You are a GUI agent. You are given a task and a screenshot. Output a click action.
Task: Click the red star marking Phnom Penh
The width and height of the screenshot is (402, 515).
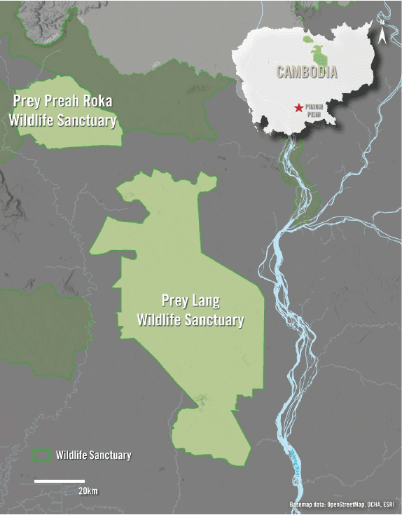click(x=300, y=108)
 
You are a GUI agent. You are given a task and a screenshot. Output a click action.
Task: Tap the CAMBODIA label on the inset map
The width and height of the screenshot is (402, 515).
click(x=307, y=72)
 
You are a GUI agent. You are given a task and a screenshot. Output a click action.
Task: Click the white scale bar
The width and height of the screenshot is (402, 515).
click(x=60, y=481)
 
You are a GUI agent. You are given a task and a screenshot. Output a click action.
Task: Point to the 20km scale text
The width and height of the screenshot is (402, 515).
click(x=88, y=490)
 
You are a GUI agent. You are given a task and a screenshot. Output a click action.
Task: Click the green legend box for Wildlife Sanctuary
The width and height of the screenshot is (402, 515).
click(x=43, y=455)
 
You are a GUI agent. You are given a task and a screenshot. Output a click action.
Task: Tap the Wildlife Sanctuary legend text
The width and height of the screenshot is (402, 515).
click(x=94, y=455)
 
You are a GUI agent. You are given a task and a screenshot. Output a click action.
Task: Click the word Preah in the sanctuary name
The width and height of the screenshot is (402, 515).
click(x=57, y=102)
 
